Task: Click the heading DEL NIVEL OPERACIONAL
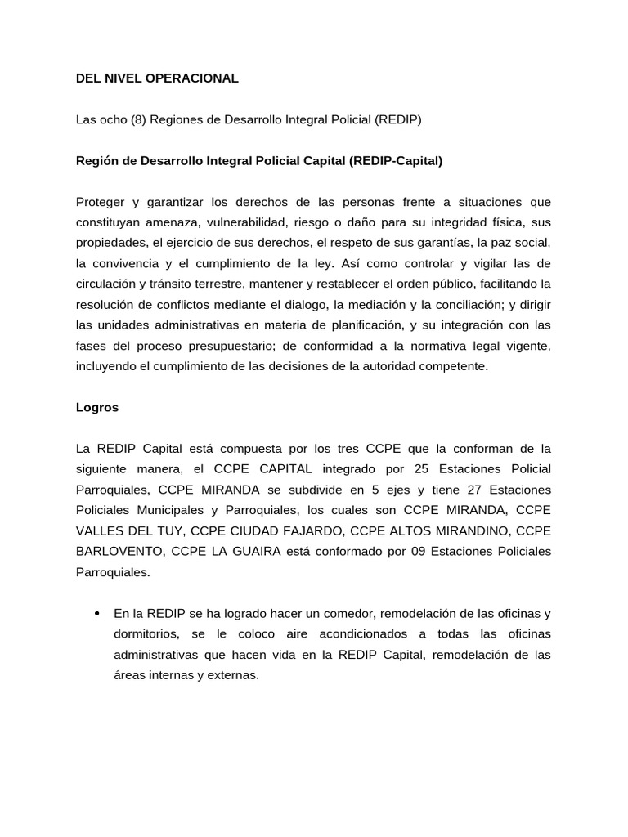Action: [157, 78]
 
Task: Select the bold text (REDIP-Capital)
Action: [396, 161]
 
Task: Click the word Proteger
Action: [101, 202]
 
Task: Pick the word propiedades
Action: [110, 243]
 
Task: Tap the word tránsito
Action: [173, 284]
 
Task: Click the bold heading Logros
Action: [97, 407]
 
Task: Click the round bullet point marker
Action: [97, 614]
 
